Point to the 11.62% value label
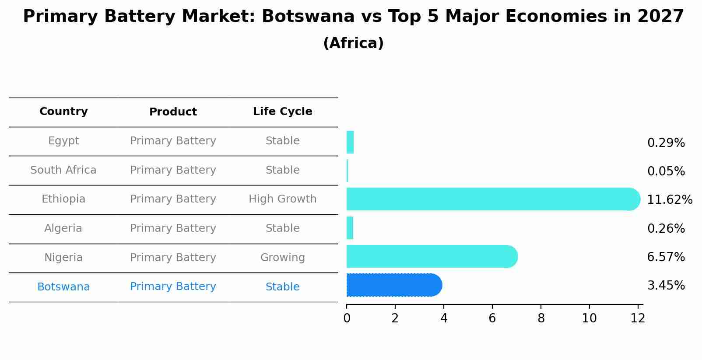(669, 200)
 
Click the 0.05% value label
(666, 171)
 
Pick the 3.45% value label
(666, 286)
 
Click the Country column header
(63, 112)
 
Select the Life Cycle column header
(282, 112)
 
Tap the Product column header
(173, 112)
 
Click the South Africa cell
(63, 170)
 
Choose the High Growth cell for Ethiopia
(282, 199)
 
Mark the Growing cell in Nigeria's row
(282, 258)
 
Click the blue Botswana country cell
(63, 287)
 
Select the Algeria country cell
(63, 228)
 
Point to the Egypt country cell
(63, 141)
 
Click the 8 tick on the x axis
(541, 318)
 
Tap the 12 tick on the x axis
(638, 318)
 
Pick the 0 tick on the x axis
(347, 318)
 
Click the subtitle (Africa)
(353, 43)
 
